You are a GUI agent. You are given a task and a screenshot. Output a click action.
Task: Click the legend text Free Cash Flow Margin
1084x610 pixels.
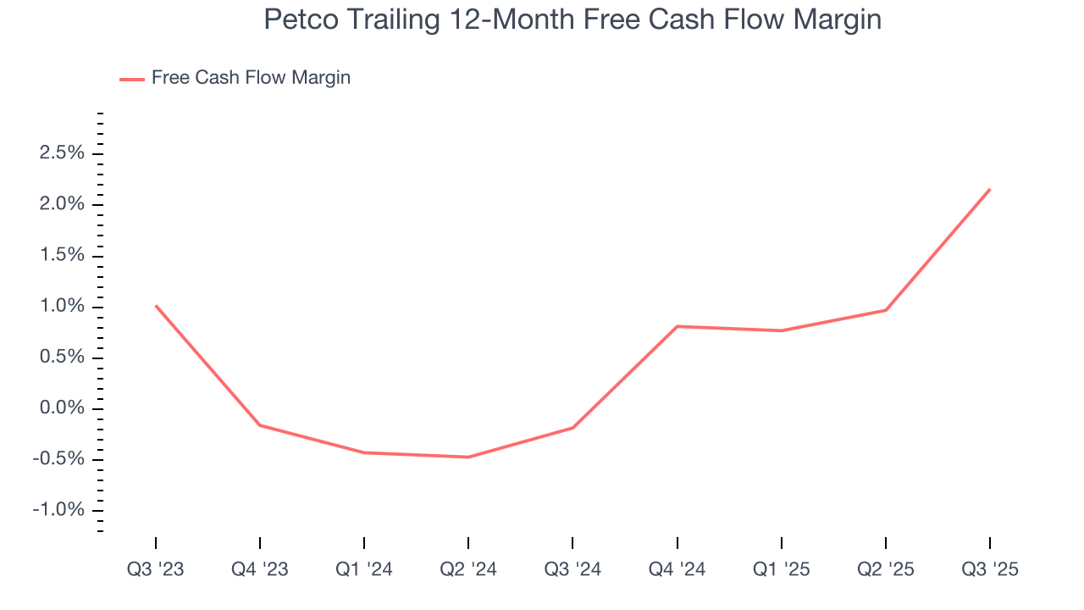coord(251,78)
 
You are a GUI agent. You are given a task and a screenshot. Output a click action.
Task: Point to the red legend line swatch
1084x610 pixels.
coord(132,79)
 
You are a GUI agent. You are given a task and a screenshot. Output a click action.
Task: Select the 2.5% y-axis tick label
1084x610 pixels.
coord(61,153)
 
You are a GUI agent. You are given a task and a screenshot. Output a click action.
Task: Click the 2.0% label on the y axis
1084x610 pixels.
coord(61,204)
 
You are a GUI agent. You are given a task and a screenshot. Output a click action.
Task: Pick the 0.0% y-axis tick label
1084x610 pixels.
coord(61,408)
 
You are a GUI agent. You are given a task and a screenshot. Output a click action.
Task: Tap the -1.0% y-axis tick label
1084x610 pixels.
coord(58,510)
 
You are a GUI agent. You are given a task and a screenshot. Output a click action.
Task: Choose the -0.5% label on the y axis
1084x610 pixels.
coord(58,459)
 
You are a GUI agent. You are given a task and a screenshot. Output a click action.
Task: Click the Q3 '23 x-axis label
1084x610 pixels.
coord(156,569)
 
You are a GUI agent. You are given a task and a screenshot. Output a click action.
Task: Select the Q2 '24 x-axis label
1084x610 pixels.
coord(468,569)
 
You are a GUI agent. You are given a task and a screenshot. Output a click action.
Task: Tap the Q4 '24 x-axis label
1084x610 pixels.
coord(677,569)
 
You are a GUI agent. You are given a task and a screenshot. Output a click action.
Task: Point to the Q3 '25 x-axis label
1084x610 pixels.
coord(990,569)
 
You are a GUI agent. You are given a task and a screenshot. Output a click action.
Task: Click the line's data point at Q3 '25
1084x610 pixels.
coord(989,190)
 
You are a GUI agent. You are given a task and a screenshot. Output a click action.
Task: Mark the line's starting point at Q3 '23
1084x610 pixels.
coord(156,306)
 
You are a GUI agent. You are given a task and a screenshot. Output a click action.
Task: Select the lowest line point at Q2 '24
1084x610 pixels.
coord(468,457)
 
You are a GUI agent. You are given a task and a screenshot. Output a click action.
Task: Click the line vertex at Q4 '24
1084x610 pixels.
coord(677,326)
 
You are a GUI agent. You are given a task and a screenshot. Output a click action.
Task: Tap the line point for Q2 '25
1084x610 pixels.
coord(886,310)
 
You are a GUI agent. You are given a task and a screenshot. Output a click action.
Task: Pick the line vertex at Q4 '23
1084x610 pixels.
coord(260,424)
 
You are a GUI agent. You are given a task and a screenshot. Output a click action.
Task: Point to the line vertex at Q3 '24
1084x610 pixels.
coord(572,428)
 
